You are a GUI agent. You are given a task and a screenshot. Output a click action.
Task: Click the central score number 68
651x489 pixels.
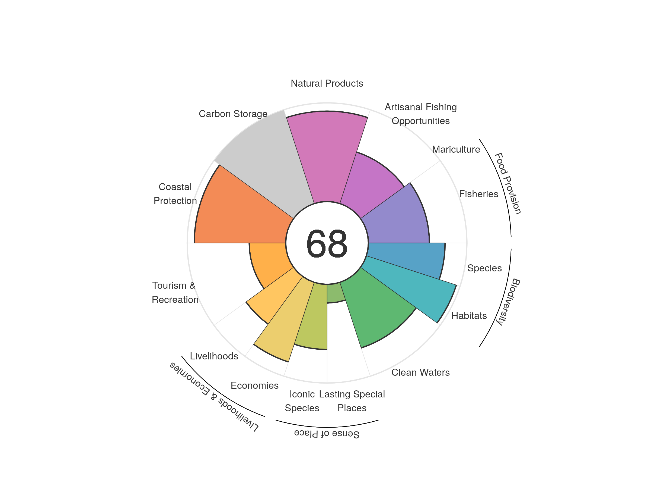click(327, 243)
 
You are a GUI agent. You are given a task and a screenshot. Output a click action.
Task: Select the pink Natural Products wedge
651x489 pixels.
click(327, 156)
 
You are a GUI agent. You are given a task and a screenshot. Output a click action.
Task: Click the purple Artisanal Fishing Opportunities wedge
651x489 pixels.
click(371, 183)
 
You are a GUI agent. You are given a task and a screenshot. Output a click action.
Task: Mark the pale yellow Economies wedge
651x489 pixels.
click(283, 321)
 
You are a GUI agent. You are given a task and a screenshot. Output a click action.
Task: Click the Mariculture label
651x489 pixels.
click(456, 149)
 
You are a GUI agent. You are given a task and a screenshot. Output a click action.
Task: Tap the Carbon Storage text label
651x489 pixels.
click(233, 114)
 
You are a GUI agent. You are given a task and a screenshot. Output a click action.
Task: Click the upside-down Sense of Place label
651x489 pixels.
click(327, 434)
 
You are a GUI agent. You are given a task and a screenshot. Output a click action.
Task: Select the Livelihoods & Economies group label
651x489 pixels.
click(214, 397)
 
